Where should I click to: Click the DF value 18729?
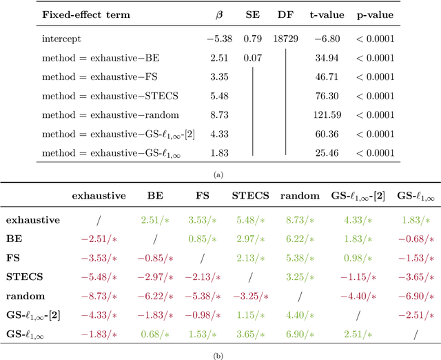[x=285, y=39]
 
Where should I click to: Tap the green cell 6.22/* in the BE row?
[x=298, y=238]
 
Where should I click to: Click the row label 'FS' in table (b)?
[x=14, y=257]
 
